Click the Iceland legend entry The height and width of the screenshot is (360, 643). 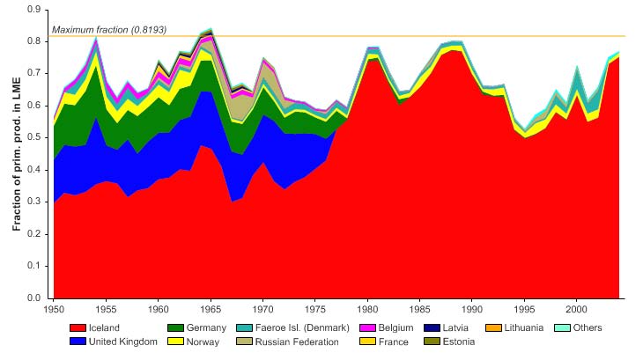point(104,328)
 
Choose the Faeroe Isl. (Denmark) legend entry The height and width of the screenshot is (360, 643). point(306,328)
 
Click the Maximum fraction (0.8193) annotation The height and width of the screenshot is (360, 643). point(109,29)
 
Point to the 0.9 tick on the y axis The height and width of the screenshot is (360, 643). point(37,10)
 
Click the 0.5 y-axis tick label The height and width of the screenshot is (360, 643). point(37,137)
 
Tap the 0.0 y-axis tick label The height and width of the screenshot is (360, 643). point(37,298)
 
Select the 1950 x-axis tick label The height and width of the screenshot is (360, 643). point(54,310)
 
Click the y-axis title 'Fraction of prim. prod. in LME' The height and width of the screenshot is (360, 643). point(16,154)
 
